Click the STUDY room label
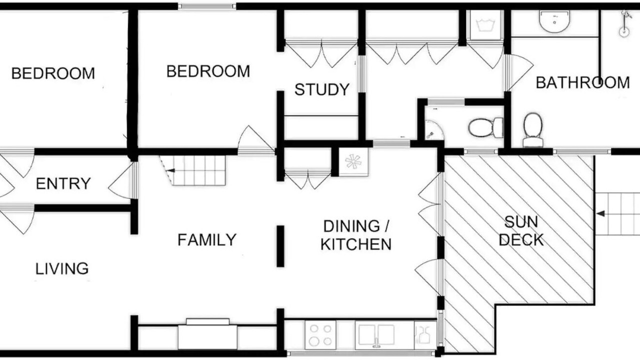[x=322, y=89]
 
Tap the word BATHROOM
[x=582, y=83]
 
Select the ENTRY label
[x=63, y=183]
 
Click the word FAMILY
[x=207, y=239]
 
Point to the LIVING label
[x=61, y=268]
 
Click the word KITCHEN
[x=355, y=244]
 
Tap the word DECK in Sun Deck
[x=521, y=240]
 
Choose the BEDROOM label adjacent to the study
[x=208, y=71]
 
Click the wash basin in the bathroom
[x=554, y=21]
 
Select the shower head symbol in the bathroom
[x=625, y=24]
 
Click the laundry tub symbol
[x=485, y=25]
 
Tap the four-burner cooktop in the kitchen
[x=320, y=335]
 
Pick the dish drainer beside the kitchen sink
[x=425, y=335]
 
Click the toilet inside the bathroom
[x=532, y=130]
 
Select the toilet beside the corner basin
[x=485, y=127]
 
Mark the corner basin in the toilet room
[x=433, y=130]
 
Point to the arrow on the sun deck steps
[x=600, y=213]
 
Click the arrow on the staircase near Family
[x=171, y=170]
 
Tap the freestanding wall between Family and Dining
[x=280, y=246]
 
